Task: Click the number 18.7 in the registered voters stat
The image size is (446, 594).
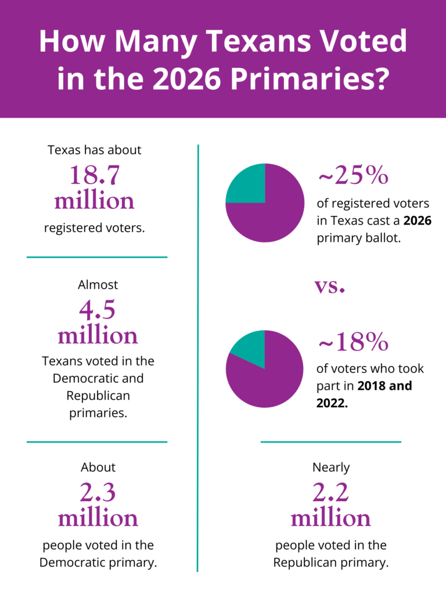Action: [x=94, y=175]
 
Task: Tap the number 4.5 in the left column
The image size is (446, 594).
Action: [x=98, y=310]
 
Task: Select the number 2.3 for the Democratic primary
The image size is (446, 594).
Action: [x=98, y=492]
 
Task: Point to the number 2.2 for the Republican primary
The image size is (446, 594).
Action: [x=330, y=492]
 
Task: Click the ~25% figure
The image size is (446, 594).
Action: [x=353, y=176]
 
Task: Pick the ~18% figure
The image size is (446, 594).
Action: [x=353, y=343]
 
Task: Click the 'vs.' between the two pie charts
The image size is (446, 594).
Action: [x=330, y=286]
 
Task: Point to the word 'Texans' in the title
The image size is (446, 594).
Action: [x=262, y=42]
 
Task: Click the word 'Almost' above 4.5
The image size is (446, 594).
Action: [x=98, y=285]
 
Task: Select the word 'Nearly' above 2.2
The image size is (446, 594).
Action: [x=331, y=467]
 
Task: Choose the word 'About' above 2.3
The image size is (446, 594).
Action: [x=98, y=467]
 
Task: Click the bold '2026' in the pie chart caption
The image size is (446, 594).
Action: [x=418, y=221]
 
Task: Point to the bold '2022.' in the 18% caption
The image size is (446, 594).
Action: [x=332, y=403]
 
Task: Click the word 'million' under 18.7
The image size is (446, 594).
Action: [x=94, y=201]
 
